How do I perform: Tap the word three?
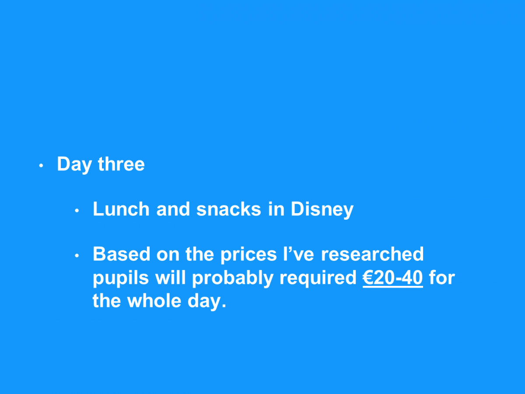click(x=121, y=164)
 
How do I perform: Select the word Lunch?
click(x=121, y=209)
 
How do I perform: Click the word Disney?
click(x=322, y=210)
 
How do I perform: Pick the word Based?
click(x=122, y=254)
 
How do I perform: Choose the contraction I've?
click(x=299, y=254)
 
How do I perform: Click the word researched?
click(x=372, y=254)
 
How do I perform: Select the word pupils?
click(x=121, y=278)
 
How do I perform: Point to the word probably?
click(x=233, y=278)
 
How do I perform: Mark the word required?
click(x=318, y=278)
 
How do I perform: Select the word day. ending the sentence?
click(x=207, y=302)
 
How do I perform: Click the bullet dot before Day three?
click(x=41, y=165)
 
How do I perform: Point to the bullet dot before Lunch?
click(x=77, y=211)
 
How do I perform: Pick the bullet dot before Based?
click(x=77, y=256)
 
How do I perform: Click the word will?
click(x=171, y=278)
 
